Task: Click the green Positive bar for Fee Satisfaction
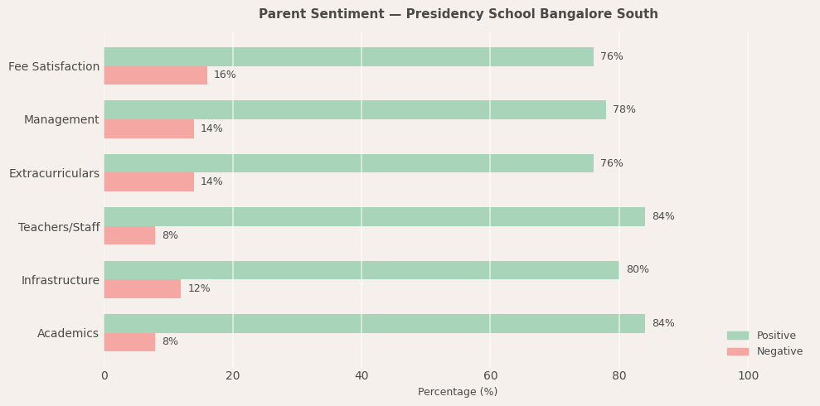point(348,56)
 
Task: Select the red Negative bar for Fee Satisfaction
point(155,75)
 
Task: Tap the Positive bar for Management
point(355,110)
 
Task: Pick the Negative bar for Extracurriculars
point(148,182)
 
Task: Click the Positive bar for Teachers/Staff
point(374,217)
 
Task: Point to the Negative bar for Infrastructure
point(142,289)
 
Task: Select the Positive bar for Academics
point(374,324)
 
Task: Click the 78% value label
point(623,110)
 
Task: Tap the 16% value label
point(225,75)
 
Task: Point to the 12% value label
point(199,289)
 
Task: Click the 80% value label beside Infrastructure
point(637,270)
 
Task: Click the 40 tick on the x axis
point(361,376)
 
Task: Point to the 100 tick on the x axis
point(748,376)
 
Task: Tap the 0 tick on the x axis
point(104,376)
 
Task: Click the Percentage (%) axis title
point(458,392)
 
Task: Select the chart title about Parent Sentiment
point(458,14)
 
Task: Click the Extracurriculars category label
point(54,174)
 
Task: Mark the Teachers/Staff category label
point(59,227)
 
